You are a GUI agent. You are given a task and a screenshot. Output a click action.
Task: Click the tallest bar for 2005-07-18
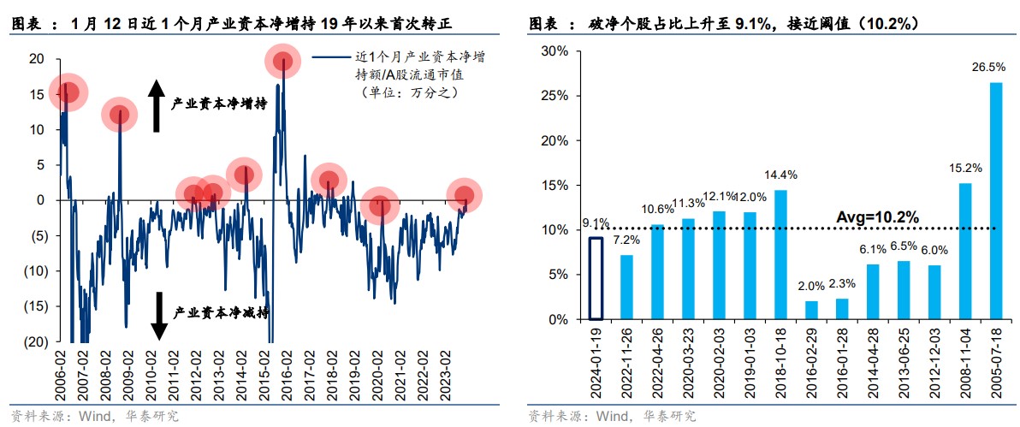[996, 201]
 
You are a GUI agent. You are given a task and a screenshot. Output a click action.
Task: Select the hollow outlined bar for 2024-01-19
[597, 278]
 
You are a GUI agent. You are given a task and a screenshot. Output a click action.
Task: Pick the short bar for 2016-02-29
[811, 310]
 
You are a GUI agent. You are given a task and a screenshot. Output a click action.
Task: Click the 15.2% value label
[964, 167]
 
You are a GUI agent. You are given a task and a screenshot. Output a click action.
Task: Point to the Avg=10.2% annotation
[877, 217]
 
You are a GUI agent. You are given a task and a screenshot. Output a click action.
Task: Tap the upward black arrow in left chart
[157, 105]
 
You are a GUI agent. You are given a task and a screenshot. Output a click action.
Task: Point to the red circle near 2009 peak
[120, 115]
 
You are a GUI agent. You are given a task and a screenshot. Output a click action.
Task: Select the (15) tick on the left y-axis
[35, 306]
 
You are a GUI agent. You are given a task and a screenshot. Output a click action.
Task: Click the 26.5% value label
[995, 66]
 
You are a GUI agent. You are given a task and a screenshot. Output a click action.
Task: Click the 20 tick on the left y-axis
[37, 58]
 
